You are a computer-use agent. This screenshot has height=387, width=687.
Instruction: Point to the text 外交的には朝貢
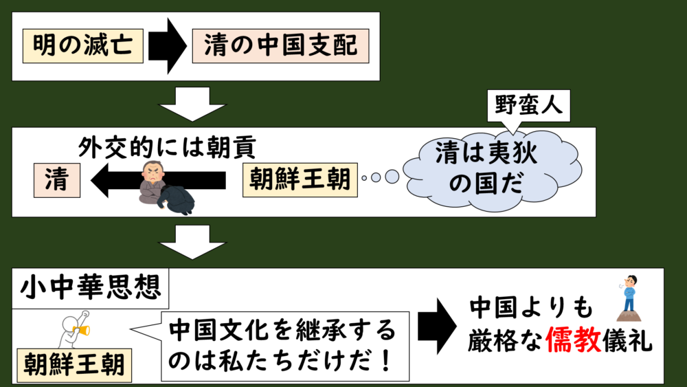point(168,146)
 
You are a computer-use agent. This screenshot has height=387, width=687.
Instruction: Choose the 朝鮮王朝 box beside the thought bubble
point(300,181)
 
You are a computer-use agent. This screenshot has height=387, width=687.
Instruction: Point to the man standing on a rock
point(629,298)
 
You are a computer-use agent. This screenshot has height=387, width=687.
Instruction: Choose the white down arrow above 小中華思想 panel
point(192,243)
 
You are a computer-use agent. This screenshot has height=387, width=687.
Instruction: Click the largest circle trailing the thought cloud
point(392,177)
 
